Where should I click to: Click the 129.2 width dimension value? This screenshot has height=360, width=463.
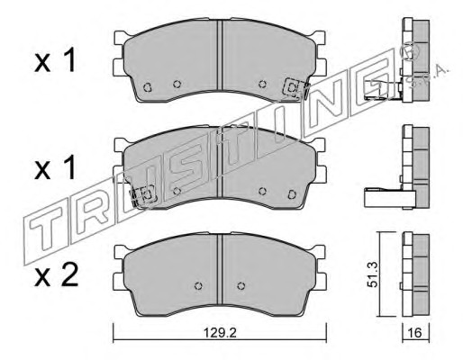click(220, 333)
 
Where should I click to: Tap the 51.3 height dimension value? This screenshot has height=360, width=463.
click(374, 274)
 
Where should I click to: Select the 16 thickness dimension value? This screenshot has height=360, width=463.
click(415, 333)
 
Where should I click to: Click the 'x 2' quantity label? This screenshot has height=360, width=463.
click(57, 274)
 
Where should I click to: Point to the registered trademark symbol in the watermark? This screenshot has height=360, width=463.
click(410, 53)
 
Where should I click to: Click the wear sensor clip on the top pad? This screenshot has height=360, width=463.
click(295, 88)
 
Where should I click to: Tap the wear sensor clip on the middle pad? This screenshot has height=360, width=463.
click(143, 195)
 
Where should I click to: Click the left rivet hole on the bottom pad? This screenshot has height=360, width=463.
click(198, 285)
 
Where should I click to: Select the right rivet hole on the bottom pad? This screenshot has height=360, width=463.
click(241, 285)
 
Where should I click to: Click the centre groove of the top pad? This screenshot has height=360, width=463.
click(222, 56)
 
